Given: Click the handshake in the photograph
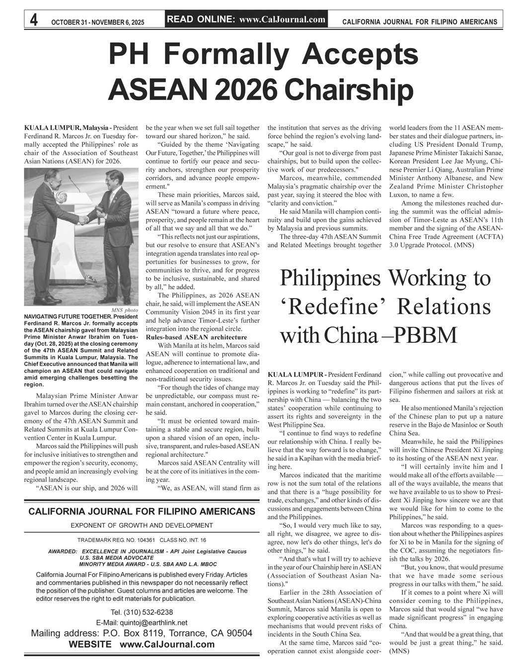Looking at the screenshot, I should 84,219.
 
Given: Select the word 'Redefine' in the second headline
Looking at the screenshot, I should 335,306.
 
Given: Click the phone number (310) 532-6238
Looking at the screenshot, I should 141,612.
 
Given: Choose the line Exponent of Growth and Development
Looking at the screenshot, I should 142,525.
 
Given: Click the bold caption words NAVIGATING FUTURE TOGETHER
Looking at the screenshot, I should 68,317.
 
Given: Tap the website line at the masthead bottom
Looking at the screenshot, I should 141,644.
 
